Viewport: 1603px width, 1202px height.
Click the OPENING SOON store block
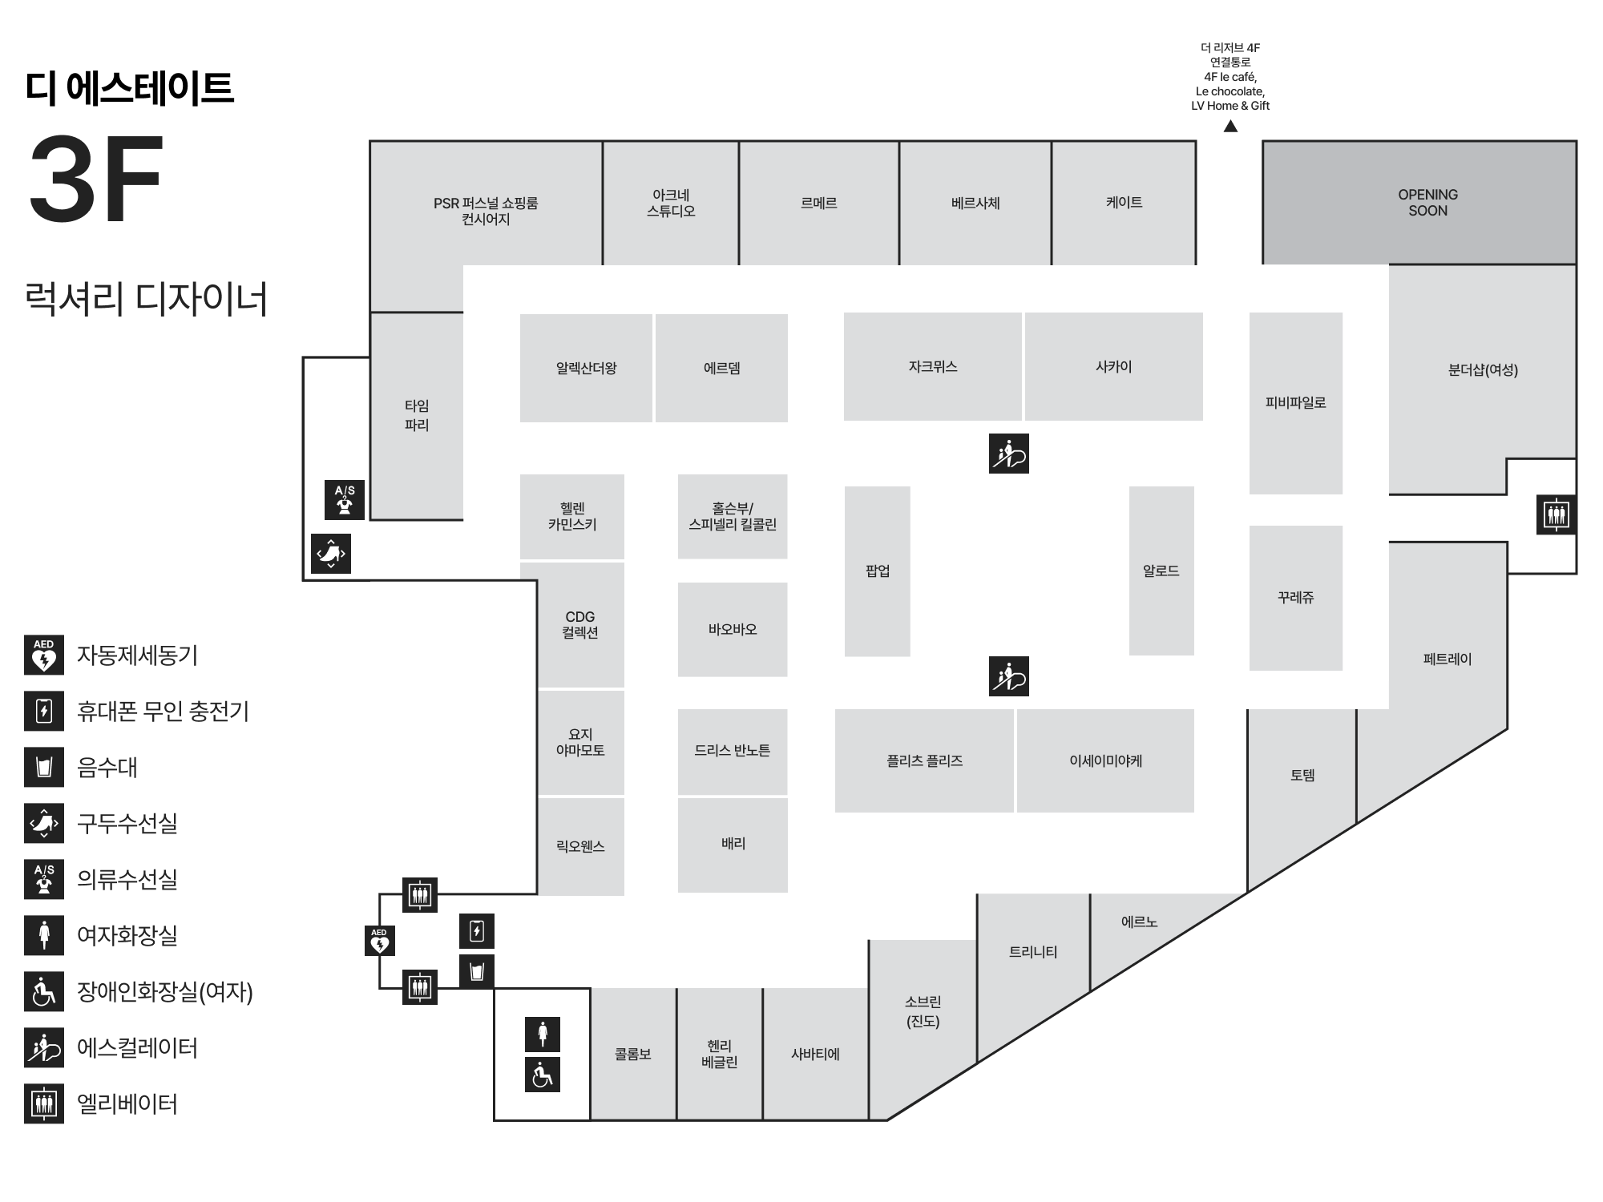click(x=1419, y=203)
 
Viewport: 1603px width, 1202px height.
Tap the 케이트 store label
click(x=1124, y=203)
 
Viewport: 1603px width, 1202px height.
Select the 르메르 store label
click(x=818, y=204)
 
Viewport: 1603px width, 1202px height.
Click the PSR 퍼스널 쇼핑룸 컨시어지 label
click(x=486, y=211)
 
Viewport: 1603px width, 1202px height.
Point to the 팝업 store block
click(x=878, y=571)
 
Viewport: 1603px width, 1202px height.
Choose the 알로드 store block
click(x=1161, y=571)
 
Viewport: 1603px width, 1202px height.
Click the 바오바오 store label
click(x=733, y=630)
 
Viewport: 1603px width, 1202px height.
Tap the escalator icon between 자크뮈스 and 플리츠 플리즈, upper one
click(x=1009, y=454)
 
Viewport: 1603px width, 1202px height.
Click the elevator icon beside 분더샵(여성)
click(x=1557, y=514)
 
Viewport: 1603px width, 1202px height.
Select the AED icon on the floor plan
click(x=379, y=941)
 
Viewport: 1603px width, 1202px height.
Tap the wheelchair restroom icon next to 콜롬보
click(x=543, y=1075)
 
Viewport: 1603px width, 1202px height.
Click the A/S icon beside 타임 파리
click(x=345, y=500)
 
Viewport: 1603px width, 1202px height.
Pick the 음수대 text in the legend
click(x=107, y=767)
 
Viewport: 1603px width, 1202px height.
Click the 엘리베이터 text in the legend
click(x=127, y=1103)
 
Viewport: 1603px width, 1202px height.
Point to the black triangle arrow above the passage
click(x=1230, y=126)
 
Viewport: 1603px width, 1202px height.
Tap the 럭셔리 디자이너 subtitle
click(x=146, y=298)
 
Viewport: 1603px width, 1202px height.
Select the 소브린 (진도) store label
click(x=923, y=1011)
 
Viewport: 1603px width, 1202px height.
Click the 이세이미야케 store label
click(x=1106, y=760)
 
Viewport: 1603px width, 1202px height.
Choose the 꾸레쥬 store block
click(x=1296, y=598)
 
